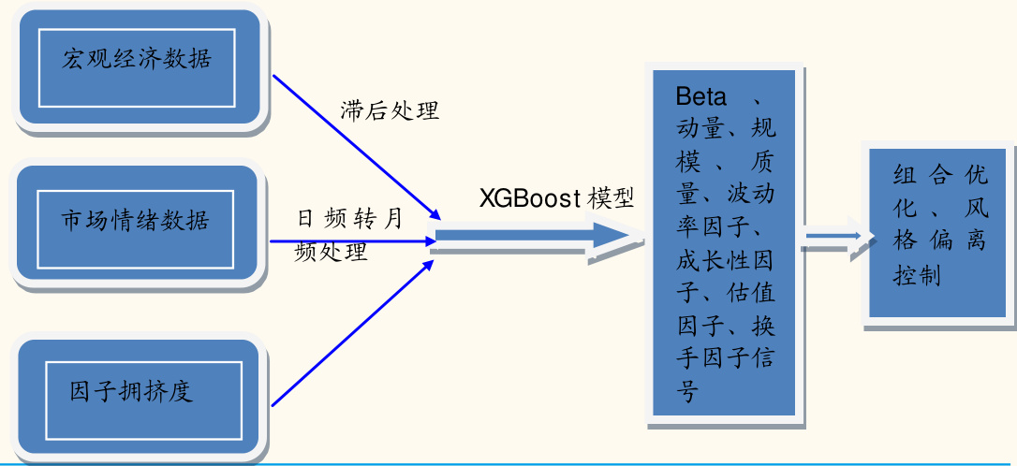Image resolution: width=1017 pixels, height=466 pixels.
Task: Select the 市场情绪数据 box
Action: pos(136,222)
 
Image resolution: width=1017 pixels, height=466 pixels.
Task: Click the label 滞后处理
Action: pos(390,110)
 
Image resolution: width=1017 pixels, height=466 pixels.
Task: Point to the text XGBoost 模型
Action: pos(556,198)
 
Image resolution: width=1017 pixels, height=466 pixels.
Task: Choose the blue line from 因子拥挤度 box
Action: pos(356,333)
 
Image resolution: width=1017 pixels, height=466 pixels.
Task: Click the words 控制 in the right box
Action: pos(918,276)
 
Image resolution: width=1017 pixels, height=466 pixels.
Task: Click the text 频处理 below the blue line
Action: pos(331,252)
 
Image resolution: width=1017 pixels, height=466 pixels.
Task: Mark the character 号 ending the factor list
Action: pos(688,390)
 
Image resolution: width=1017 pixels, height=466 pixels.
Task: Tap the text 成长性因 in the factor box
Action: pos(726,258)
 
